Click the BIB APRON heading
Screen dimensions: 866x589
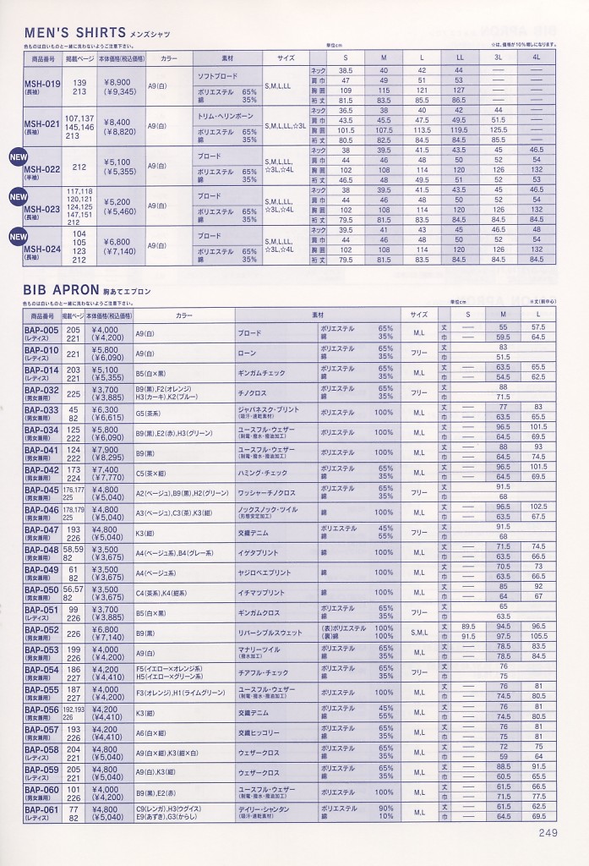point(63,291)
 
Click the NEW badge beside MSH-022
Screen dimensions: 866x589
point(17,156)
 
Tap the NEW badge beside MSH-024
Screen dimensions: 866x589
point(17,237)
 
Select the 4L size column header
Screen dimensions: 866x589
point(536,58)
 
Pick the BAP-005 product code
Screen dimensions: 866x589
point(41,330)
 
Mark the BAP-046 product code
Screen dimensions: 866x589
point(41,509)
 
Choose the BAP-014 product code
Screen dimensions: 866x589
point(41,370)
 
